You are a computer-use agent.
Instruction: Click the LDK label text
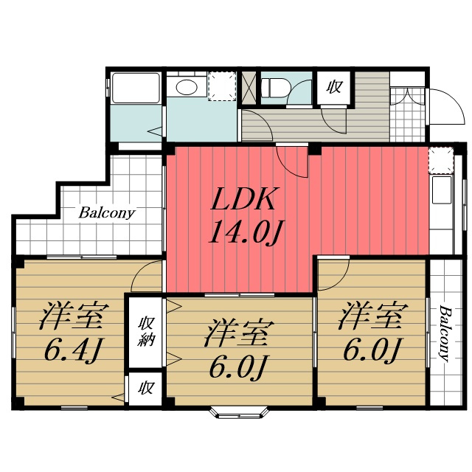pos(243,198)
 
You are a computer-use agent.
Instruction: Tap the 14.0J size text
pos(246,232)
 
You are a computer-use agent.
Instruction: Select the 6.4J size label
pos(72,350)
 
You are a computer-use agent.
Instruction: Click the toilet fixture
pos(275,88)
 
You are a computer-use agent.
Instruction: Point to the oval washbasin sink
pos(187,87)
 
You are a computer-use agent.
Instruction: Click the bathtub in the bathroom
pos(136,87)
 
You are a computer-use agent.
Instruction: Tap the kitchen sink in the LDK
pos(442,190)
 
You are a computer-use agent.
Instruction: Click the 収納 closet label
pos(146,331)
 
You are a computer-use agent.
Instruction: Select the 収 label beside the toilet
pos(334,87)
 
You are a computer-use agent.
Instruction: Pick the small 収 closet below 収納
pos(146,389)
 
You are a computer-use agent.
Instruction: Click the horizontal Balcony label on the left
pos(106,213)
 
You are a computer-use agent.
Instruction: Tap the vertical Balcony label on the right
pos(445,333)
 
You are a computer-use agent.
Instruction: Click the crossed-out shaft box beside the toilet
pos(249,88)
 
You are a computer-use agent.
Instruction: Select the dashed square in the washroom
pos(222,86)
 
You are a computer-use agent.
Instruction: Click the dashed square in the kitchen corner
pos(441,160)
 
